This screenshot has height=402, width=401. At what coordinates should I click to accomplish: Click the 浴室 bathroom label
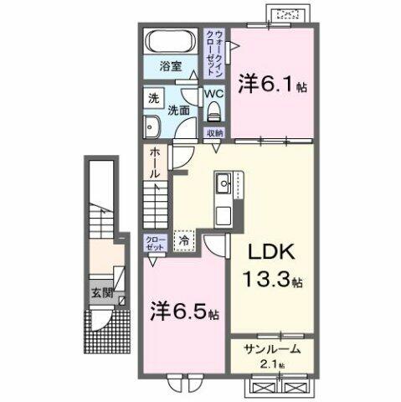171,65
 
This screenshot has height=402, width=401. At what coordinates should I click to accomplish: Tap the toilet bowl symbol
213,113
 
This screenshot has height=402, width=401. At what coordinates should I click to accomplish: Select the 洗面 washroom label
178,109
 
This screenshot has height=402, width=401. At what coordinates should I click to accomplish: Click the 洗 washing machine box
154,97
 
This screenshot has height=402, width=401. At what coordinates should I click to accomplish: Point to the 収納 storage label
214,132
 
